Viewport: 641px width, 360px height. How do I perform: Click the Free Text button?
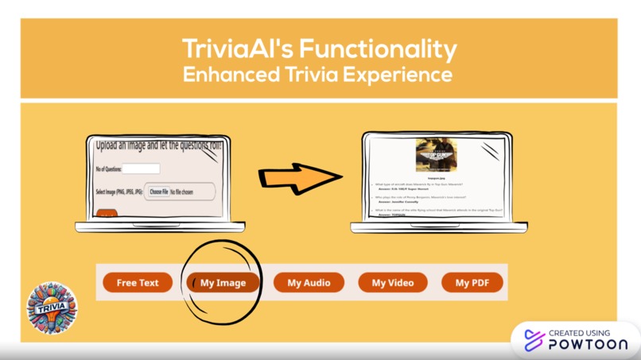click(x=138, y=283)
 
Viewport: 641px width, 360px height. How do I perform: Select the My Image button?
click(x=223, y=283)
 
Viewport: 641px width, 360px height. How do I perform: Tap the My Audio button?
click(x=309, y=283)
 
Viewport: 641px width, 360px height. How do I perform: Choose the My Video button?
click(x=393, y=283)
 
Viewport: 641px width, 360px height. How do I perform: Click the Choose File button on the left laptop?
click(x=159, y=192)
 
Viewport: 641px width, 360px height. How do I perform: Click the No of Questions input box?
click(x=141, y=168)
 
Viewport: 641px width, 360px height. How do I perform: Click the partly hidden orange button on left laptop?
click(x=106, y=212)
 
